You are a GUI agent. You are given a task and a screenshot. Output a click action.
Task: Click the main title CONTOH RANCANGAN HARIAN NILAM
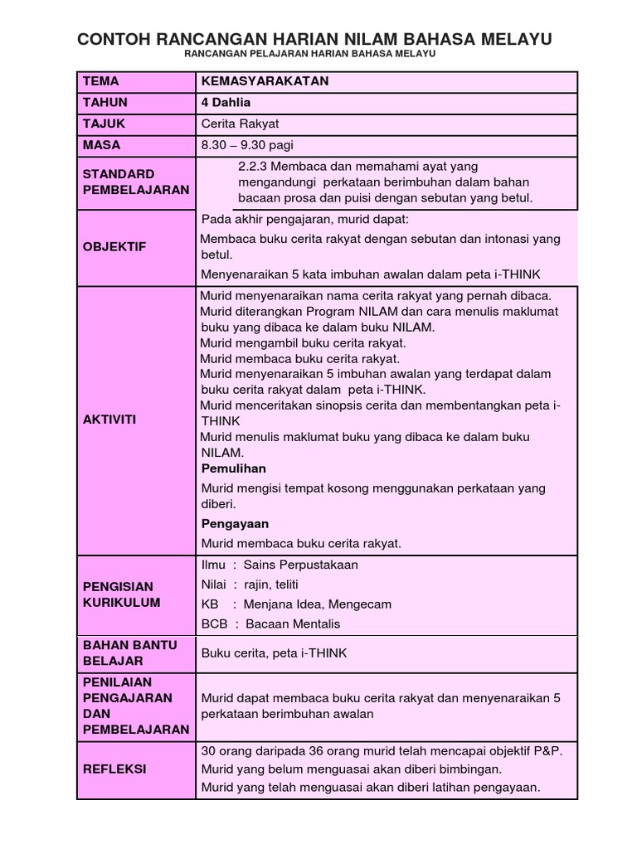click(314, 40)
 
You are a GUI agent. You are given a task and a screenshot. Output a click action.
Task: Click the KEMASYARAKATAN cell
click(265, 81)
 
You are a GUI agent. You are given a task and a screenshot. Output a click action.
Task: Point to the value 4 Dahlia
click(225, 103)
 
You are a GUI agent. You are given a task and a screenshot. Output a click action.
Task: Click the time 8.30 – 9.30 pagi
click(249, 145)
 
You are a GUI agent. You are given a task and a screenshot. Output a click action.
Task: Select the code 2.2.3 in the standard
click(251, 167)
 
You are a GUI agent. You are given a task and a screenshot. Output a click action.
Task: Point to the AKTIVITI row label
click(109, 420)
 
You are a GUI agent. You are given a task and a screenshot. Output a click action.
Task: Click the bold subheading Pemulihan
click(234, 468)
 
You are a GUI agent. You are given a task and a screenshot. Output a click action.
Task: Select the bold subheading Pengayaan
click(235, 524)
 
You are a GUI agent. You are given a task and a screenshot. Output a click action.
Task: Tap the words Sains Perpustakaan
click(301, 565)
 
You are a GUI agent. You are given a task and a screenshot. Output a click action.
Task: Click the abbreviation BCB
click(214, 623)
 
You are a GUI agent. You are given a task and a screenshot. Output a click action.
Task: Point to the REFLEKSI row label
click(114, 769)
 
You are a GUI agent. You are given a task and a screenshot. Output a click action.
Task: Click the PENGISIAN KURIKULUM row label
click(121, 594)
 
